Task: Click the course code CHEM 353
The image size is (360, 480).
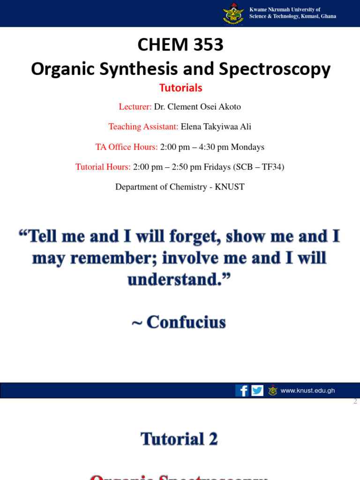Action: [x=180, y=45]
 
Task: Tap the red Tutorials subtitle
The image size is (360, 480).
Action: [x=180, y=88]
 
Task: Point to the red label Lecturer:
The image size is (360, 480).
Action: [x=135, y=107]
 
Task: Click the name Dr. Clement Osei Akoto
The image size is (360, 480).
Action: [x=197, y=107]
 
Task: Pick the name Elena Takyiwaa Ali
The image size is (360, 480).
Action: [x=216, y=127]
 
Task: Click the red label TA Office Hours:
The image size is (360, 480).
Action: [x=127, y=147]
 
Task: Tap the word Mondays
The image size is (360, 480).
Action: [x=247, y=147]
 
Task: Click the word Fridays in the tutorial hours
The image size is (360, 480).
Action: [x=217, y=167]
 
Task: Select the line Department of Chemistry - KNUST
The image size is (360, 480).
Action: [x=180, y=187]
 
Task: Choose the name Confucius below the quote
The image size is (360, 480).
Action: [x=186, y=322]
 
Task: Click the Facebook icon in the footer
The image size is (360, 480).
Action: [x=242, y=390]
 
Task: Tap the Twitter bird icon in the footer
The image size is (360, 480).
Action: [x=257, y=390]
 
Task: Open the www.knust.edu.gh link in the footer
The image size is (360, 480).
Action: [x=307, y=390]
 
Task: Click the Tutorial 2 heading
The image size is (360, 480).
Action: [x=180, y=439]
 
